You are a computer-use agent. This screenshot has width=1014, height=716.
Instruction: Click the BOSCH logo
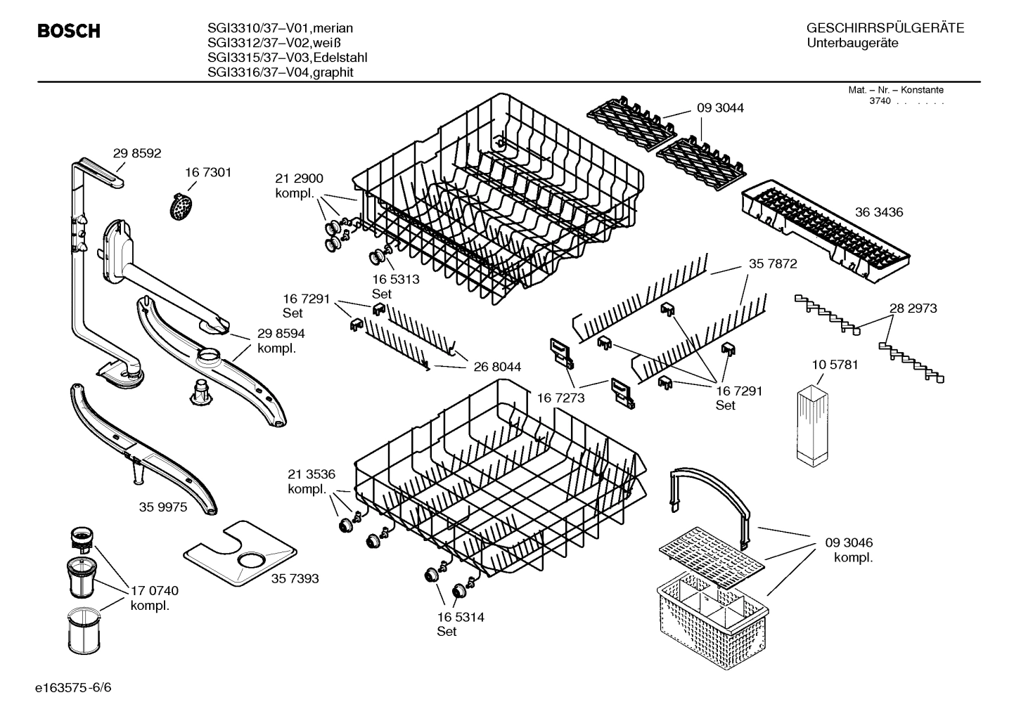tap(68, 32)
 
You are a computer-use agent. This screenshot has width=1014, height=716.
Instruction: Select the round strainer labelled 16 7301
tap(182, 207)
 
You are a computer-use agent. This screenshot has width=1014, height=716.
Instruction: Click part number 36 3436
tap(879, 212)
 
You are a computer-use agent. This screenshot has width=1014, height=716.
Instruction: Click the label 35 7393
tap(295, 578)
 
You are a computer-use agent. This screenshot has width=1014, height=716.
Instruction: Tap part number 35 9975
tap(163, 507)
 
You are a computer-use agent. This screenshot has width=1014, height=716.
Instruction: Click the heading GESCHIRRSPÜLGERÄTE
tap(885, 29)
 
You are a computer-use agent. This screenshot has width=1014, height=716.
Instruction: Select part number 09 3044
tap(720, 108)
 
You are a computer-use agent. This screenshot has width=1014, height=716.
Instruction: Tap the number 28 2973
tap(913, 308)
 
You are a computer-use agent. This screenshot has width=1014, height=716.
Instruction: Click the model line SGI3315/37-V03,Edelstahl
tap(287, 58)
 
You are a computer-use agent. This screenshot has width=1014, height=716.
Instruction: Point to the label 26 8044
tap(497, 367)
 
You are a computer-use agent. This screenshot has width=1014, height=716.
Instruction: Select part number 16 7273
tap(560, 398)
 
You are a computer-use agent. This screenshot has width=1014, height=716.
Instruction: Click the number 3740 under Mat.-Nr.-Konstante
tap(879, 101)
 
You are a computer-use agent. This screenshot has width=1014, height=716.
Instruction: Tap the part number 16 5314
tap(461, 618)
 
